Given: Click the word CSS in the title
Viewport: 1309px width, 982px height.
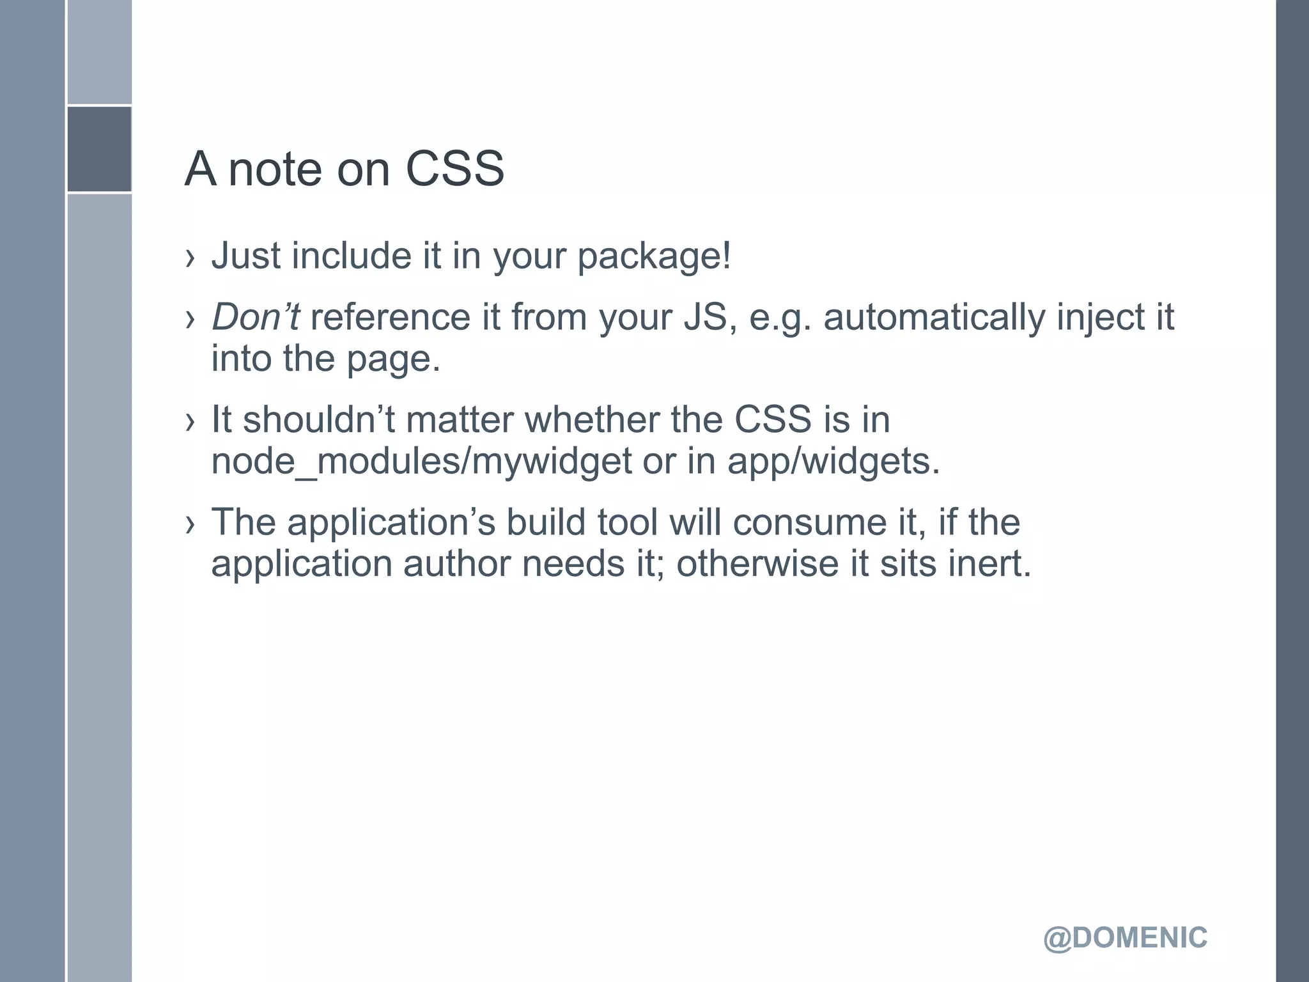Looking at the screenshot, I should click(454, 169).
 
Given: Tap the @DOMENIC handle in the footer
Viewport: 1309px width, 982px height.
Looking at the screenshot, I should click(1125, 938).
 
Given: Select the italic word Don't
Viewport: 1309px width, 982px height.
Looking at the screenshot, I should click(255, 317).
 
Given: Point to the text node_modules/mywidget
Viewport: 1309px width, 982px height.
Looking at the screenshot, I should click(421, 461).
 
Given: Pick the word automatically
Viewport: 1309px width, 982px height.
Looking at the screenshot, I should click(934, 317).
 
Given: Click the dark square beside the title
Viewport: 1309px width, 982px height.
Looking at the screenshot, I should click(99, 149).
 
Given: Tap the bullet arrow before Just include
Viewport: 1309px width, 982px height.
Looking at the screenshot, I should click(189, 258).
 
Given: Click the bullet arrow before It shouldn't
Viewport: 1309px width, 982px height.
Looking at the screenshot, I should click(189, 422).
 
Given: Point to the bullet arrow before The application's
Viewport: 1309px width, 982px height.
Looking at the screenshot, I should click(189, 525).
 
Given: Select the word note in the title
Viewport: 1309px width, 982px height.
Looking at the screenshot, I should click(275, 169).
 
